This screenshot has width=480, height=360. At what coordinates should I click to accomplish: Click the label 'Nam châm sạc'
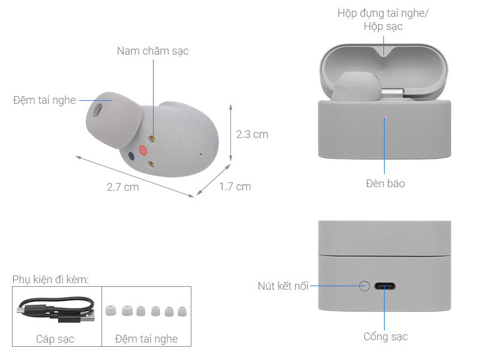[152, 51]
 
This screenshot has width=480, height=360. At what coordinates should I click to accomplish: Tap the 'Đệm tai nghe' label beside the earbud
[44, 100]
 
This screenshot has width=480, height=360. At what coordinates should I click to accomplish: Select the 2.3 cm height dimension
[252, 134]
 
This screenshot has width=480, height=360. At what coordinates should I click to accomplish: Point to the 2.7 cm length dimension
[122, 187]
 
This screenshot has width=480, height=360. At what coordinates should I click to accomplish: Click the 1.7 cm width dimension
[235, 187]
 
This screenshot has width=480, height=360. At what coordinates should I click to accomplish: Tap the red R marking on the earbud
[143, 151]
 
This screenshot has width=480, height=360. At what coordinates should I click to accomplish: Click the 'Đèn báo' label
[385, 184]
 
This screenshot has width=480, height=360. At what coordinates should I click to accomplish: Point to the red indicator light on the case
[385, 116]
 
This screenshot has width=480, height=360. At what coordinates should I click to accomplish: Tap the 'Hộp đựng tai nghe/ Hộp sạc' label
[383, 20]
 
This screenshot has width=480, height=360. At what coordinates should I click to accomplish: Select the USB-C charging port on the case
[385, 286]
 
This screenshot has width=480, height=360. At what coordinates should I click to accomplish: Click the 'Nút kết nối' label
[283, 286]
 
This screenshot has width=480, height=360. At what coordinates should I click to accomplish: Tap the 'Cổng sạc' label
[385, 337]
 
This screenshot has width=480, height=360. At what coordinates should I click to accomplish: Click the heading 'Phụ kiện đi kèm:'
[50, 280]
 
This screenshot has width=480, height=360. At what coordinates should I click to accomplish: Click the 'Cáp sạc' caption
[56, 339]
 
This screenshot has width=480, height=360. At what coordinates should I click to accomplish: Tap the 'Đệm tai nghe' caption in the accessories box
[146, 339]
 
